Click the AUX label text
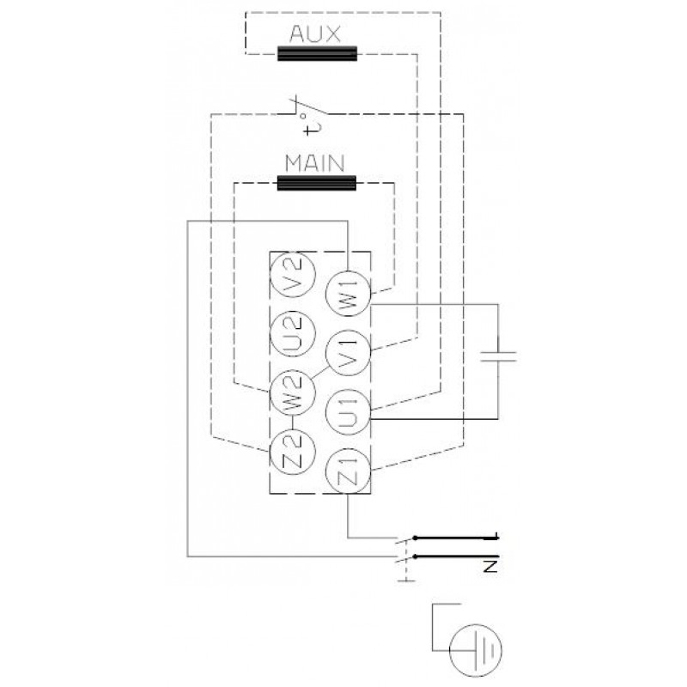click(314, 33)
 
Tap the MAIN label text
click(314, 163)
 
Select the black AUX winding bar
click(317, 53)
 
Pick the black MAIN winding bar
click(317, 183)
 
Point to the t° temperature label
click(313, 125)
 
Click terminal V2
click(293, 275)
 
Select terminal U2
click(293, 333)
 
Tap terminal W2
click(292, 392)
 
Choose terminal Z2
click(292, 452)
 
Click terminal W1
click(349, 294)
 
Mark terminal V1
click(349, 353)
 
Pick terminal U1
click(349, 412)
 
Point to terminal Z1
click(349, 471)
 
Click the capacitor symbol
click(498, 356)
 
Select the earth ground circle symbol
click(476, 651)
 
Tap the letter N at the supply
click(490, 566)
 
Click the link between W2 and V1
click(319, 374)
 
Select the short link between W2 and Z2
click(292, 422)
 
